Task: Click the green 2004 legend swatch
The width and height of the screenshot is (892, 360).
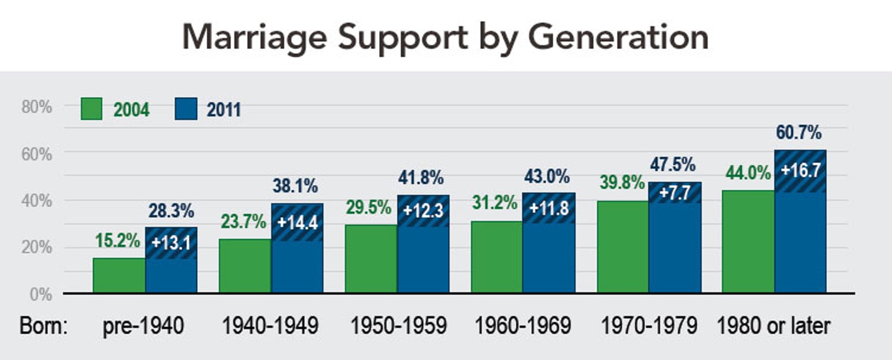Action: click(91, 110)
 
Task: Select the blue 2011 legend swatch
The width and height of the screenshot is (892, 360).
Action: click(186, 110)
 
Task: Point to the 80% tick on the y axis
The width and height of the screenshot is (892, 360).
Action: click(37, 107)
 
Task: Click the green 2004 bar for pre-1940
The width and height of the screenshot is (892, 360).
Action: click(119, 276)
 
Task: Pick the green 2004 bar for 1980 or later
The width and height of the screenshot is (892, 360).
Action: click(749, 242)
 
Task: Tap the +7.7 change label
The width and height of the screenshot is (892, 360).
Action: click(674, 193)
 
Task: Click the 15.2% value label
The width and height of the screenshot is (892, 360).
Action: click(118, 241)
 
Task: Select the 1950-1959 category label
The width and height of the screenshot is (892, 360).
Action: click(398, 326)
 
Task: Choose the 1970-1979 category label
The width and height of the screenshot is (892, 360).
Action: click(649, 326)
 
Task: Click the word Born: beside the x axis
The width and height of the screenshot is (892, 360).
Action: click(43, 326)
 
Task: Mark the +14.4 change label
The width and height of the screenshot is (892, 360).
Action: click(297, 222)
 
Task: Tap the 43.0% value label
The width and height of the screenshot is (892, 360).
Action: click(547, 177)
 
